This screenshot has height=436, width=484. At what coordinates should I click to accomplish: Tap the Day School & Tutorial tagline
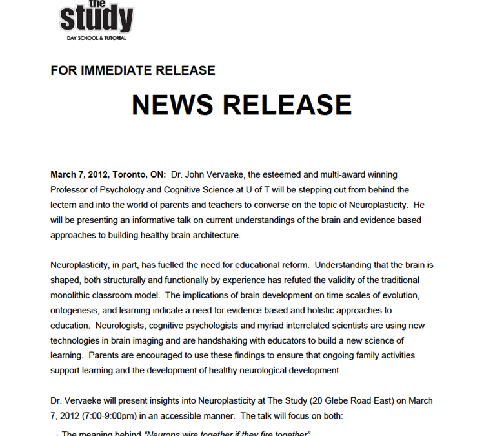pos(97,38)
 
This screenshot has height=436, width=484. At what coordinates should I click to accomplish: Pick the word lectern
pos(66,205)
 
